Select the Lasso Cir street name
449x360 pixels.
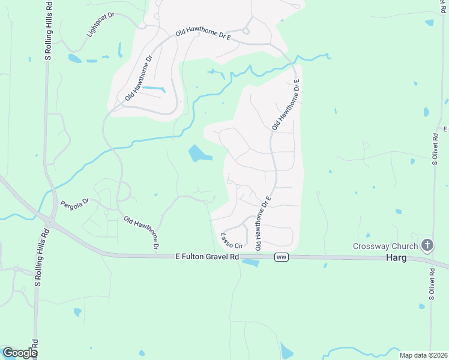pos(231,241)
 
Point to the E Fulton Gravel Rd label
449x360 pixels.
pos(207,256)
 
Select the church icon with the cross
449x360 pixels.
pos(427,245)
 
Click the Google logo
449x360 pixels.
pos(19,353)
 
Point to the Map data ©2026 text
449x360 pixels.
pos(423,355)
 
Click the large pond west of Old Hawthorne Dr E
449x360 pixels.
pos(198,154)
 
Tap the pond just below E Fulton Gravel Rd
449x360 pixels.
pos(250,263)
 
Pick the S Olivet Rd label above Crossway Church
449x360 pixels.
pos(435,144)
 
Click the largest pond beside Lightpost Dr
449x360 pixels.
pos(75,59)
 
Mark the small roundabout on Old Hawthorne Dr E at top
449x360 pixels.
pos(246,31)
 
